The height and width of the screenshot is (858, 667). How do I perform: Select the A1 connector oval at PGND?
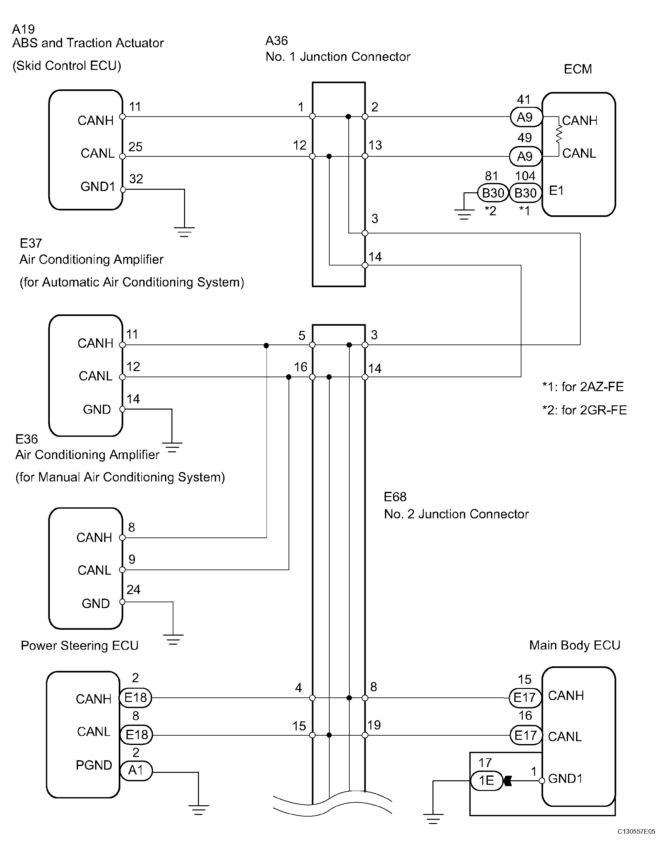(x=136, y=770)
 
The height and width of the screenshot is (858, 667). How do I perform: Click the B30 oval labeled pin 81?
(x=493, y=193)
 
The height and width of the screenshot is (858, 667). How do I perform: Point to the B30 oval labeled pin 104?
(x=525, y=193)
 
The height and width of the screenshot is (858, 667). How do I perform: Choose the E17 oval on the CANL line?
(x=526, y=735)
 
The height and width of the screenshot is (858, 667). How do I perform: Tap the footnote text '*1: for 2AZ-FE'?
(x=583, y=387)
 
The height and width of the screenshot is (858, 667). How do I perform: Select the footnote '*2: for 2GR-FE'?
(x=584, y=410)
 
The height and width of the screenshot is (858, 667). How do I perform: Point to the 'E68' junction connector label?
(x=395, y=497)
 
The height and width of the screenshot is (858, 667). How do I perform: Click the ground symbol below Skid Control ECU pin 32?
(x=184, y=232)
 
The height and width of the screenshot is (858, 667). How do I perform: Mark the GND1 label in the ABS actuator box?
(x=98, y=186)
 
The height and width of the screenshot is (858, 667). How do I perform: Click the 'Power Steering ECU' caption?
(x=80, y=646)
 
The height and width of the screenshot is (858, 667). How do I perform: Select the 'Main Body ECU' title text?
(x=575, y=645)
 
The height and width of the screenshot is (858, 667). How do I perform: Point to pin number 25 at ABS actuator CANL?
(x=136, y=147)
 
